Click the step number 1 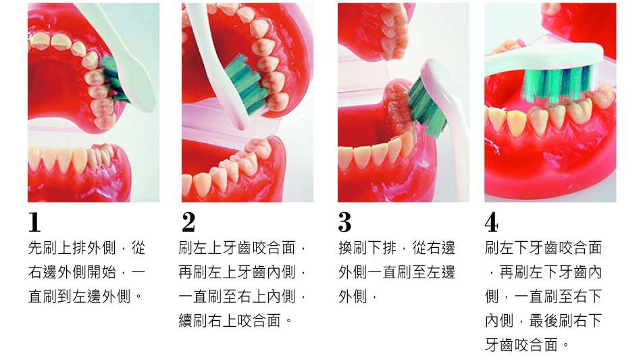point(35,222)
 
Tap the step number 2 point(188,222)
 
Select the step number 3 point(345,222)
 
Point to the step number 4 point(491,222)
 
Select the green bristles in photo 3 point(426,107)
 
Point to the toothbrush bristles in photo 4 point(558,84)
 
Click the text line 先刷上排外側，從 point(86,248)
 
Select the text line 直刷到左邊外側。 point(85,297)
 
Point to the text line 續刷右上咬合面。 point(236,321)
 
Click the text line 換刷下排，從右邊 point(396,248)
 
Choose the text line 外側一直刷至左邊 point(396,272)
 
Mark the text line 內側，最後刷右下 point(543,321)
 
